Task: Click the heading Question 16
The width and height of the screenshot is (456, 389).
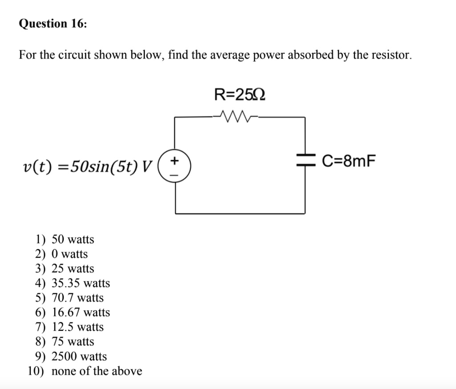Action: [53, 24]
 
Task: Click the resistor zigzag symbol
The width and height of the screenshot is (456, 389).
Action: [238, 118]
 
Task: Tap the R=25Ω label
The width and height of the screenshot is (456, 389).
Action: [240, 95]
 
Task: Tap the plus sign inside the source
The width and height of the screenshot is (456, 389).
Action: [175, 160]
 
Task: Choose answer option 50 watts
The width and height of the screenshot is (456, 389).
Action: [73, 239]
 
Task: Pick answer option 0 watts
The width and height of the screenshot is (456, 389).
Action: [69, 254]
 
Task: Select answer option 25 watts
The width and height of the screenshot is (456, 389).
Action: [73, 269]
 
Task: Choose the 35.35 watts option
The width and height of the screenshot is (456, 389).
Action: [81, 283]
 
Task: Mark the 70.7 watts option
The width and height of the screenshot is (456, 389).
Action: [77, 298]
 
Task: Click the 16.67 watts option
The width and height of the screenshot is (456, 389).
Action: [81, 312]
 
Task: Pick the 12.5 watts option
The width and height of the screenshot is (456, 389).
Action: [77, 327]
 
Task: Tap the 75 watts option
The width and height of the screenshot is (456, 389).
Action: [73, 342]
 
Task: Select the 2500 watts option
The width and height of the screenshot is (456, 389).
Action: [79, 357]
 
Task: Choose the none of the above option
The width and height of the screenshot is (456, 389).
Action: [97, 371]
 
